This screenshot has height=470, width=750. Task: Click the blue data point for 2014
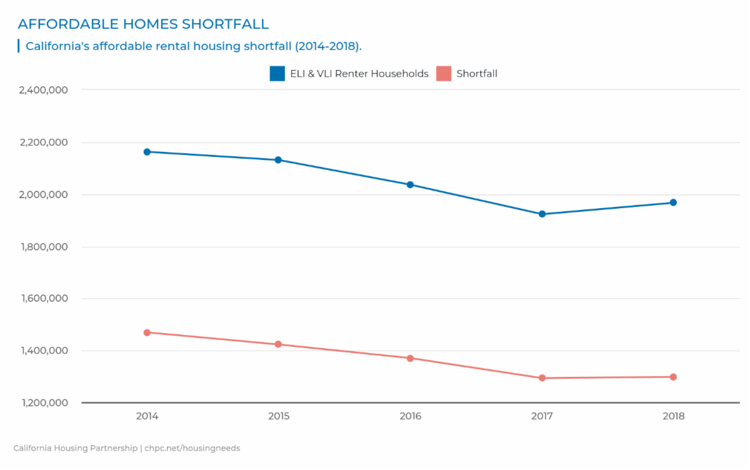(x=147, y=152)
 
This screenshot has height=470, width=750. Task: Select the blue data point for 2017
(x=542, y=214)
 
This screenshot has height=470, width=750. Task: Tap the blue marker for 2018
(x=673, y=202)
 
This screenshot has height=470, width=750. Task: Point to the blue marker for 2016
(x=410, y=184)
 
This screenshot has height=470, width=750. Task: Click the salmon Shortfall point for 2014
(x=147, y=332)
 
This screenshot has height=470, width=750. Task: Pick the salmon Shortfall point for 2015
(x=278, y=344)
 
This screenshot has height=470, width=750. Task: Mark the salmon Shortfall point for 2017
(x=542, y=378)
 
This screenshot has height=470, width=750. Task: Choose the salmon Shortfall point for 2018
(x=673, y=377)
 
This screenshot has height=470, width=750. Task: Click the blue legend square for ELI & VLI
(x=277, y=74)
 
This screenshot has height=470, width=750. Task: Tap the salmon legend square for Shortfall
(x=444, y=74)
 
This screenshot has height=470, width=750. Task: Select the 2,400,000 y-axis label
(x=44, y=90)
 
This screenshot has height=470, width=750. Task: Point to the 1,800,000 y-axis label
(x=44, y=247)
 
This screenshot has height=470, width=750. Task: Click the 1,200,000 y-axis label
(x=44, y=403)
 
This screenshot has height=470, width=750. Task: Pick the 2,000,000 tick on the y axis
(x=44, y=194)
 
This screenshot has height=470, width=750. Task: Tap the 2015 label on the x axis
(x=278, y=416)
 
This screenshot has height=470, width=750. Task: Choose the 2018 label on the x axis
(x=673, y=416)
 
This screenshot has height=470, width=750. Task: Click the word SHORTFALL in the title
(x=225, y=24)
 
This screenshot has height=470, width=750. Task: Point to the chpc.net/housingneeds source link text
(x=192, y=448)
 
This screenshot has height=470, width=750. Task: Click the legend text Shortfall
(x=477, y=74)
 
